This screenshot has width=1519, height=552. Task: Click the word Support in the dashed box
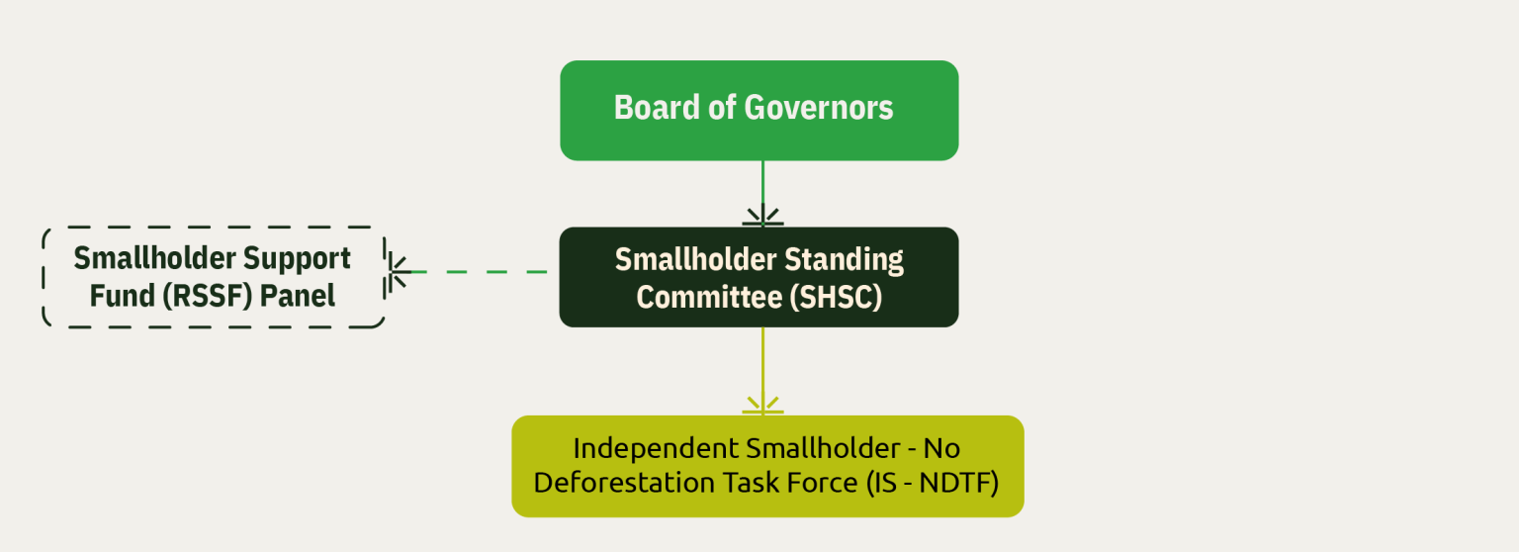pos(297,258)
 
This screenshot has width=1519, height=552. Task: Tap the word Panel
pos(298,296)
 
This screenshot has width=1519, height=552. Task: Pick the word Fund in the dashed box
pos(123,296)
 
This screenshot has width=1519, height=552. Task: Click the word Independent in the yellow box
pos(655,449)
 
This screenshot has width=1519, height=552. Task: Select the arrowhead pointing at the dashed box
pos(399,272)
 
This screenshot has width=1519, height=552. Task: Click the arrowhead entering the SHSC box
pos(762,216)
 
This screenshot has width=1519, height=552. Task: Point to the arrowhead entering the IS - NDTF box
pos(762,405)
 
